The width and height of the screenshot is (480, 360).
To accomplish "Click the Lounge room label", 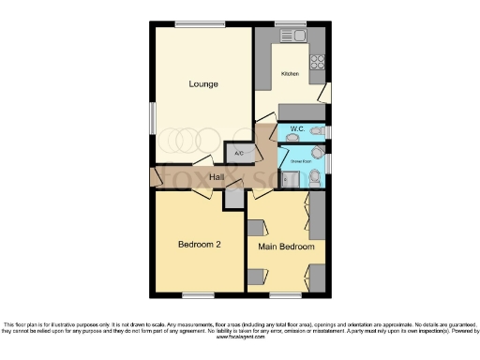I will [202, 84].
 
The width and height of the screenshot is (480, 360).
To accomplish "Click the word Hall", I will [216, 176].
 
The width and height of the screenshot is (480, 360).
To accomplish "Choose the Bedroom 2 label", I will [199, 245].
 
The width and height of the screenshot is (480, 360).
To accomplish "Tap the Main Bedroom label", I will [285, 247].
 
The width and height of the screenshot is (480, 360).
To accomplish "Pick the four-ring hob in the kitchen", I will [317, 64].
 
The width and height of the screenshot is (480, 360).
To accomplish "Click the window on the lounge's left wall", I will [153, 122].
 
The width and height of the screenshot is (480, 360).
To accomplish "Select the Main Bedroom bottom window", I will [286, 295].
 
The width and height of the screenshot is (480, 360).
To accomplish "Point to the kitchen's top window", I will [290, 23].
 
